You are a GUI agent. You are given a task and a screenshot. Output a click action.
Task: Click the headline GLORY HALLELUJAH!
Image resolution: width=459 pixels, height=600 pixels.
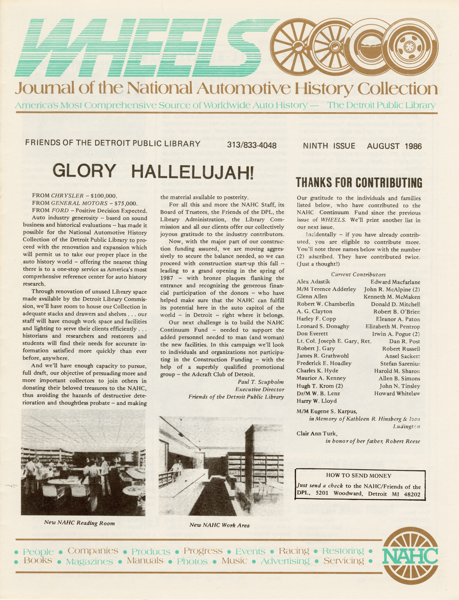tap(153, 171)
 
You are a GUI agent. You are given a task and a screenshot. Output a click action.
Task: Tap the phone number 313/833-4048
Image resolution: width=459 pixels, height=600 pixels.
tap(252, 145)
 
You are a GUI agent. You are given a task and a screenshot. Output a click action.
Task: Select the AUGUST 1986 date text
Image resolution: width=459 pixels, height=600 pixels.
tap(394, 146)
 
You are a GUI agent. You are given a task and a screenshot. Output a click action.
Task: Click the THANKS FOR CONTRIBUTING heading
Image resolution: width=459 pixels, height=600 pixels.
tap(359, 183)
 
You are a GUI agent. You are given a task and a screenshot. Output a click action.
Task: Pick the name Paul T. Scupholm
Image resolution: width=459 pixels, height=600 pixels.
tap(260, 382)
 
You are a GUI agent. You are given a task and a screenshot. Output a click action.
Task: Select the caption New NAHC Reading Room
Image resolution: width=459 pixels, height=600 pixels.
tap(79, 523)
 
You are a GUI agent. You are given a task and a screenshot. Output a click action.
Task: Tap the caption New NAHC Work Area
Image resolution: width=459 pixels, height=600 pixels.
tap(219, 525)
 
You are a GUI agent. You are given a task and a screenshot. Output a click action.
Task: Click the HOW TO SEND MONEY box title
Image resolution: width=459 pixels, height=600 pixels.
tap(359, 476)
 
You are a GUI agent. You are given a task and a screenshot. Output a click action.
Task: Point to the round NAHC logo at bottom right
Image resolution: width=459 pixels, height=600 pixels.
tap(410, 557)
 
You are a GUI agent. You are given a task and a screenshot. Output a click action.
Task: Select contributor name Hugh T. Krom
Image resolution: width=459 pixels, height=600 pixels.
tap(319, 386)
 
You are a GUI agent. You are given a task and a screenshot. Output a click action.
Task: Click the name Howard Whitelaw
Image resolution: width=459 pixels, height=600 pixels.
tap(397, 393)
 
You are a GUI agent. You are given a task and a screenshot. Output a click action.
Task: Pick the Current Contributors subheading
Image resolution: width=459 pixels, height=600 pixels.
tap(358, 274)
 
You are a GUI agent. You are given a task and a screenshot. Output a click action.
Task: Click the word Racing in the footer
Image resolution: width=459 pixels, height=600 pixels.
tap(294, 551)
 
